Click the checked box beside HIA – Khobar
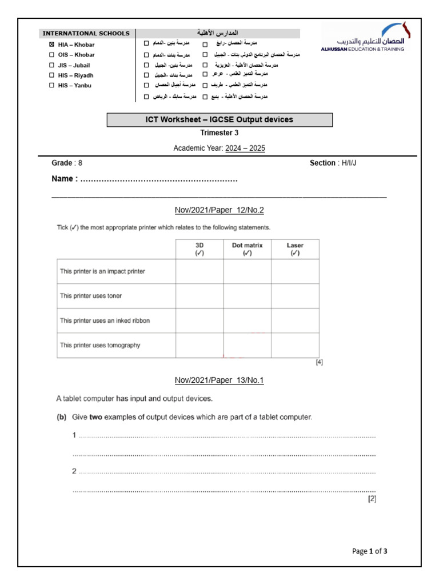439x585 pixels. tap(51, 44)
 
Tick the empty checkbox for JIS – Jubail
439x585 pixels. tap(51, 65)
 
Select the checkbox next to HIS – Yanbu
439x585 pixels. tap(51, 86)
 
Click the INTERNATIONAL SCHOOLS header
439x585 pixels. tap(86, 33)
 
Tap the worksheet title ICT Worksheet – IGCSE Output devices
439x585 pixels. tap(219, 119)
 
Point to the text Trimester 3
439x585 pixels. tap(219, 133)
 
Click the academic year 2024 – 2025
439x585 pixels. tap(245, 149)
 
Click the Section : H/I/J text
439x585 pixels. tap(337, 163)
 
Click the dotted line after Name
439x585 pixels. tap(159, 179)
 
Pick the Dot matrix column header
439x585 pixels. tap(247, 249)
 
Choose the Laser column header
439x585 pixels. tap(295, 249)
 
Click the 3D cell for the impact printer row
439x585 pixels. tap(199, 271)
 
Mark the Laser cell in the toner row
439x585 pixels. tap(295, 296)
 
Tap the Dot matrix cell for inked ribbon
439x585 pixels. tap(247, 320)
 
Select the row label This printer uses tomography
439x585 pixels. tap(100, 345)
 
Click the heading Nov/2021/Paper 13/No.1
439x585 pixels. tap(219, 380)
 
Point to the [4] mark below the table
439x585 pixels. tap(319, 362)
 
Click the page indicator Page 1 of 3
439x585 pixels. tap(370, 551)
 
